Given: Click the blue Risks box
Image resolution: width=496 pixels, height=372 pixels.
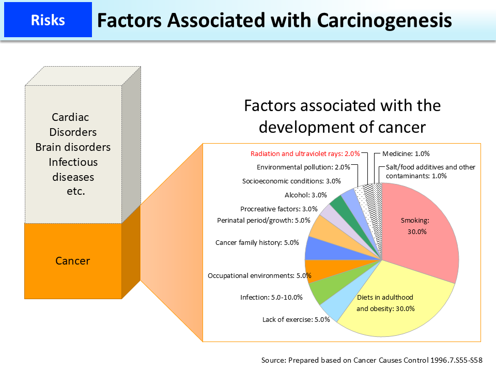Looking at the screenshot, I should click(x=48, y=20).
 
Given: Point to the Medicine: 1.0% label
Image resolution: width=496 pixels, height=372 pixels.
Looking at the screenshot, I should click(x=406, y=154).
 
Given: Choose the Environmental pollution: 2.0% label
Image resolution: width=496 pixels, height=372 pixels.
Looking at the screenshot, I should click(x=303, y=167).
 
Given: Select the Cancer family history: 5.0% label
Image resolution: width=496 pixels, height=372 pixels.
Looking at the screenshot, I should click(x=257, y=242).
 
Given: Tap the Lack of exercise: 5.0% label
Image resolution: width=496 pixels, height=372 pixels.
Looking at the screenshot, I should click(x=296, y=319).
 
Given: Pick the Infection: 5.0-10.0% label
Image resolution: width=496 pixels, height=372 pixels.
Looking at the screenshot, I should click(x=271, y=298).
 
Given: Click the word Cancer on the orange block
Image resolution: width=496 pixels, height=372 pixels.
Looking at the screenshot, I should click(x=72, y=261).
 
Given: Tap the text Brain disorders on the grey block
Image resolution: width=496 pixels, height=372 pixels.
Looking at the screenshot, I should click(x=73, y=147).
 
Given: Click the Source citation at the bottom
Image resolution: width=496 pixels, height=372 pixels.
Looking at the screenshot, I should click(x=371, y=360).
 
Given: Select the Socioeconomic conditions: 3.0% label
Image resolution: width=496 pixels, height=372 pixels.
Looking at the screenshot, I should click(x=292, y=181).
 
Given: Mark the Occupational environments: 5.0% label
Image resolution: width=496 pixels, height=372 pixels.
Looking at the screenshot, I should click(x=259, y=276).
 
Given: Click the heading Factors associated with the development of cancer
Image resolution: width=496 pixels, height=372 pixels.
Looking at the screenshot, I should click(x=342, y=116).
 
